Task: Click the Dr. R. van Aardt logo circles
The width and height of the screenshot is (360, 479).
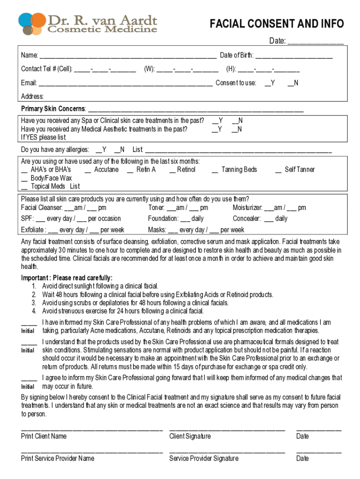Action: tap(32, 24)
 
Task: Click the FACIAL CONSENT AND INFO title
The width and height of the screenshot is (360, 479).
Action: tap(276, 24)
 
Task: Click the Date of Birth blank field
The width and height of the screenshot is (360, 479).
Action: tap(294, 57)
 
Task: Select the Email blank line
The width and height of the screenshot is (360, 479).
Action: tap(125, 84)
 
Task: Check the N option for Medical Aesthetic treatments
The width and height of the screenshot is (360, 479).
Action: tap(237, 129)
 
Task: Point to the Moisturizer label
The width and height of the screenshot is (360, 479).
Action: tap(247, 208)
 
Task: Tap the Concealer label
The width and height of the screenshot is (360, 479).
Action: tap(246, 218)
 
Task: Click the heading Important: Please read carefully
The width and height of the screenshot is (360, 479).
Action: tap(67, 278)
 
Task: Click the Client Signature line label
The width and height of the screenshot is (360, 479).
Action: tap(190, 436)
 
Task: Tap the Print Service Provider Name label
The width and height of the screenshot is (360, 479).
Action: tap(58, 458)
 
